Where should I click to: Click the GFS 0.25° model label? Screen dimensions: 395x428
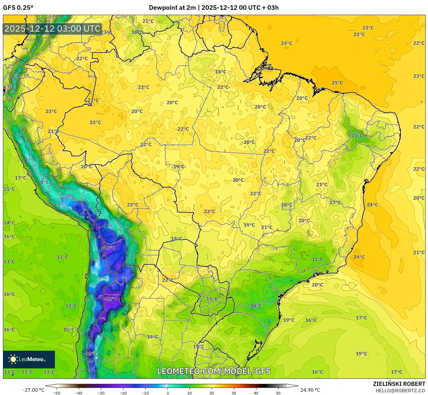tap(18, 8)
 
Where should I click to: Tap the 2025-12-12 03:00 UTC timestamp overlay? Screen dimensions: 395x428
tap(52, 29)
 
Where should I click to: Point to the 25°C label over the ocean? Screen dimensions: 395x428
tap(337, 83)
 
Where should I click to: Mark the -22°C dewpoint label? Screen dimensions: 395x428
tap(111, 298)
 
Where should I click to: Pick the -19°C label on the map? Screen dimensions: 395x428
tap(91, 353)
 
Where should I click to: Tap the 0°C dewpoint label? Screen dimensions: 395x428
tap(44, 182)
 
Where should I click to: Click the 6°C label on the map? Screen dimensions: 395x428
tap(16, 76)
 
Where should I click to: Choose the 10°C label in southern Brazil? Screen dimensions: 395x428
tap(256, 306)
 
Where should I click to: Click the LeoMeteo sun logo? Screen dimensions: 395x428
tap(13, 359)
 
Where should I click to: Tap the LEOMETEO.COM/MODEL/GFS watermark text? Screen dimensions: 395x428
tap(214, 371)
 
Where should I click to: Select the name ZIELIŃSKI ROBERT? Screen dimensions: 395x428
tap(399, 384)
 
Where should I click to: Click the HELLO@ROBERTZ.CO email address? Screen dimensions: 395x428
tap(400, 391)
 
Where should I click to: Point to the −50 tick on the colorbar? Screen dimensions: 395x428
tap(57, 393)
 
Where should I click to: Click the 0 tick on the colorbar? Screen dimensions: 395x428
tap(167, 393)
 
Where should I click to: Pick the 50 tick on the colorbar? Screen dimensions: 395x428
tap(278, 393)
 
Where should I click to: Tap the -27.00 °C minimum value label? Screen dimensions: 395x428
tap(33, 390)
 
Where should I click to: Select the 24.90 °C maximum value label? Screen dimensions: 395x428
tap(310, 390)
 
